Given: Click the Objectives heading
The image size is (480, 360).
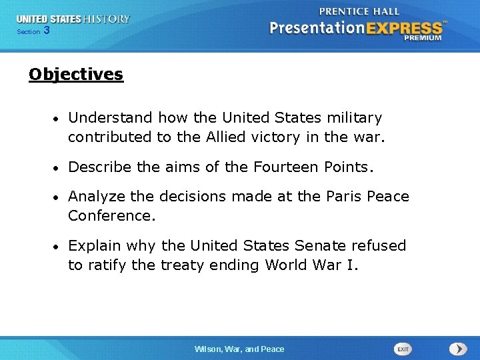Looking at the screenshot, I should [76, 74].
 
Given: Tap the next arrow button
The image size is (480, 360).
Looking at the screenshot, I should [457, 349].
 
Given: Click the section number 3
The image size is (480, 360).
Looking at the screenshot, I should [46, 31].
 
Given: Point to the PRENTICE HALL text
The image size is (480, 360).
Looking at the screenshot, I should [359, 11].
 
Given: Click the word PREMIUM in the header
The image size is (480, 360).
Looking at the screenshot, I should [422, 39].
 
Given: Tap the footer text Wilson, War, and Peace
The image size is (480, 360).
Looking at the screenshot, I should [239, 349].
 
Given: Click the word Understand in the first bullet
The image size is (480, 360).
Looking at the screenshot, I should [109, 118].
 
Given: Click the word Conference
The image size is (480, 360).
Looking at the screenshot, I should [111, 216].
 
